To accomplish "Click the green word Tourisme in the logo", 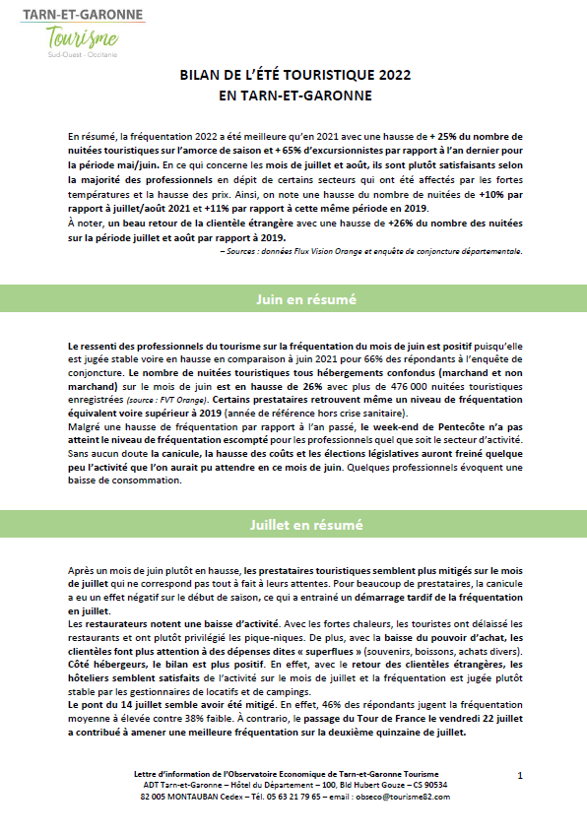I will point(83,38).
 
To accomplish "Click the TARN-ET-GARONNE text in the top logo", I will point(83,14).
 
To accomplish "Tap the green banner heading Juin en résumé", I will point(293,297).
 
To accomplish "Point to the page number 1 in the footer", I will point(519,776).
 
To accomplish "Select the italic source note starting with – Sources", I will point(371,250).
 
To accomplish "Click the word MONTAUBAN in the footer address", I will point(181,796).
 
